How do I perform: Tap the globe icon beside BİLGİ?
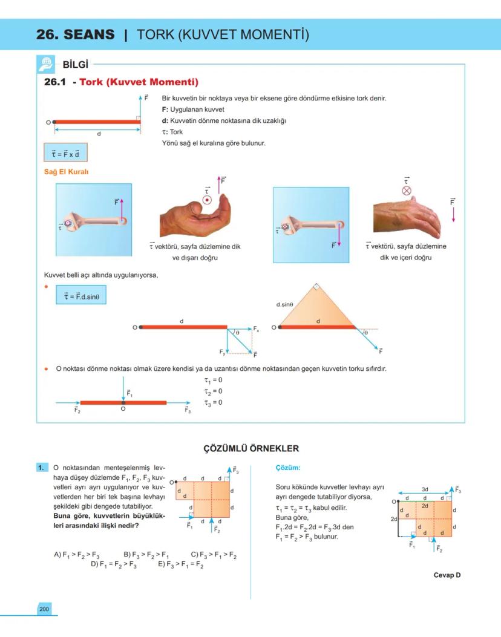point(47,64)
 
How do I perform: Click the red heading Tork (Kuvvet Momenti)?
point(139,82)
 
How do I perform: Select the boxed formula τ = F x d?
point(65,152)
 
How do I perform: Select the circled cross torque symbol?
point(407,190)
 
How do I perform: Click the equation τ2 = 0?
point(213,391)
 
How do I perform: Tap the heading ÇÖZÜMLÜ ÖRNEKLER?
point(250,448)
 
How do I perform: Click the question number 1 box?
point(41,468)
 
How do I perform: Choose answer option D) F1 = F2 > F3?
point(113,564)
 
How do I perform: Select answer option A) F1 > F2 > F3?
point(76,555)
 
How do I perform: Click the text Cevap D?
point(447,575)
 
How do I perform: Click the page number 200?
point(44,609)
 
